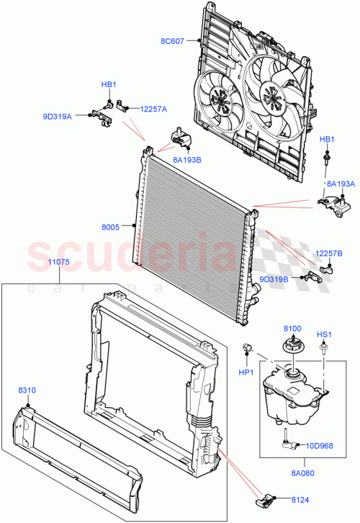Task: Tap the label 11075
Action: pos(58,262)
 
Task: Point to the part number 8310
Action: pos(28,390)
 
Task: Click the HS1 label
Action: pos(324,334)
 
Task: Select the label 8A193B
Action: pos(186,161)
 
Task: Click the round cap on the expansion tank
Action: pos(293,345)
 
